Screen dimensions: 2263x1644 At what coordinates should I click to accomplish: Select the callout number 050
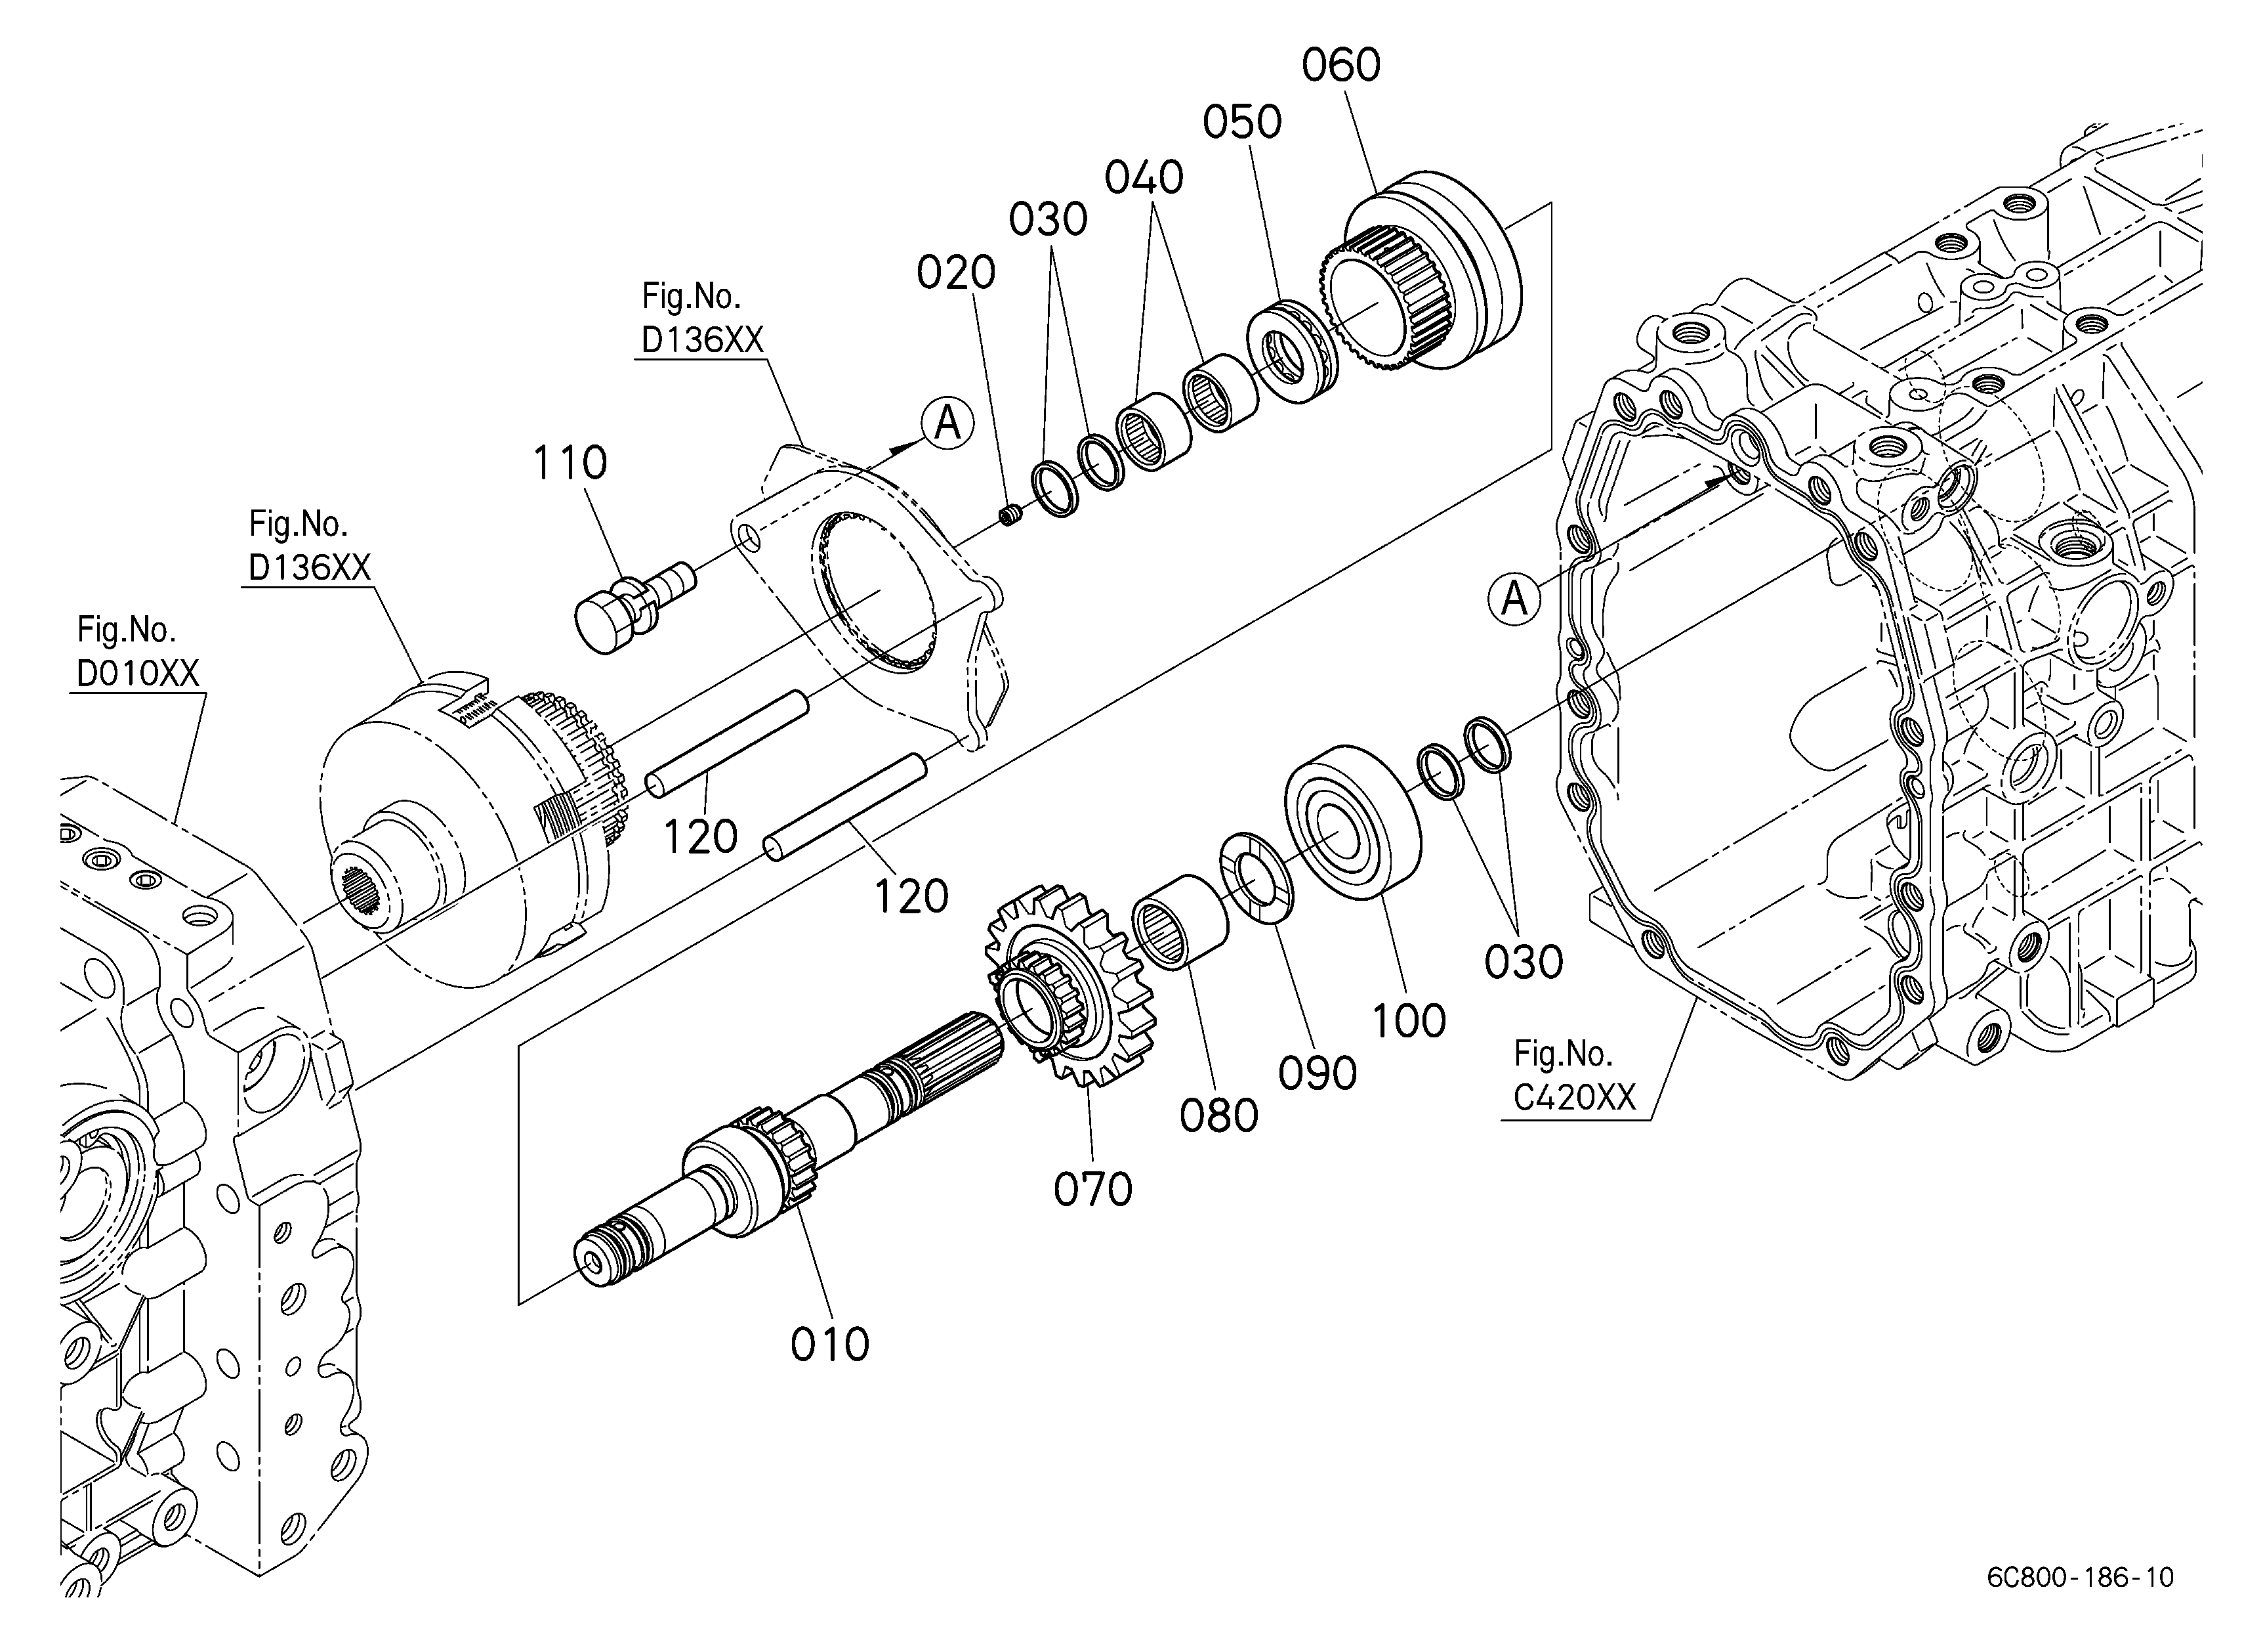click(x=1241, y=123)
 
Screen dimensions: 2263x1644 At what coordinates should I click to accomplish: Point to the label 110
click(x=570, y=463)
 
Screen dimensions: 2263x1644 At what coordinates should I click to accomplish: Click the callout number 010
click(x=829, y=1345)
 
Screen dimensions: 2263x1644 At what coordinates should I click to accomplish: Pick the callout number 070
click(x=1092, y=1190)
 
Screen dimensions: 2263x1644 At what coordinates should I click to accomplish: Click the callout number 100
click(x=1408, y=1021)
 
